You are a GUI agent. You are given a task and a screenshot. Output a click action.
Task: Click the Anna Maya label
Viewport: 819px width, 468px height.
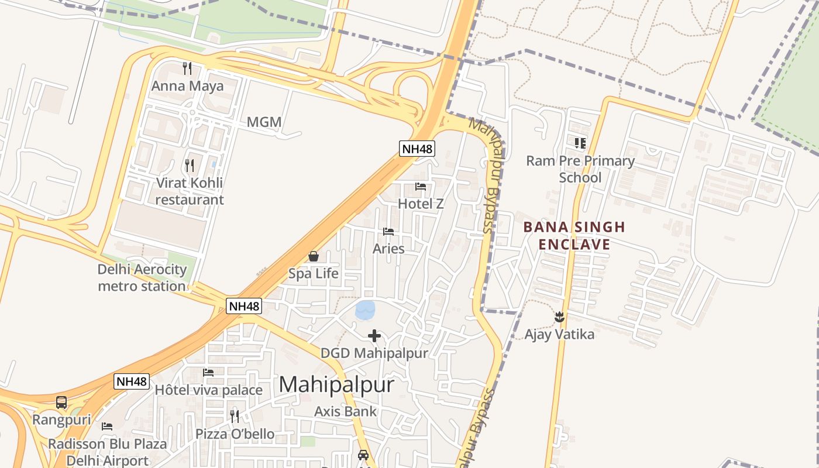pos(187,87)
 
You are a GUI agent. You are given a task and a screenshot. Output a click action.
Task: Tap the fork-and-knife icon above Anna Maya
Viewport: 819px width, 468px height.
pos(187,68)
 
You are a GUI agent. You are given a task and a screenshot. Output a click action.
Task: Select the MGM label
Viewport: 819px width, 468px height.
pos(264,122)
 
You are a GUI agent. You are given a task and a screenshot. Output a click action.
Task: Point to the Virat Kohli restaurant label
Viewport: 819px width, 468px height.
pos(189,191)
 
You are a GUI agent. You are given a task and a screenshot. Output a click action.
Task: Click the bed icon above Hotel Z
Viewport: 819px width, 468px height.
pos(421,187)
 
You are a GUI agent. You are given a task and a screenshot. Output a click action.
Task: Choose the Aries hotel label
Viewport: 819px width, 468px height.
pos(388,249)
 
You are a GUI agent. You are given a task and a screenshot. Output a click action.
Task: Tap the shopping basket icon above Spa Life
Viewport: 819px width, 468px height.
pos(314,256)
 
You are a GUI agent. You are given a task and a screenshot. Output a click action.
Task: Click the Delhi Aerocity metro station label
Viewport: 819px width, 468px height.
pos(142,278)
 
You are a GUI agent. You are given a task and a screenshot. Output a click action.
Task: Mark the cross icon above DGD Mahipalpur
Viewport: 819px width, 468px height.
pos(374,336)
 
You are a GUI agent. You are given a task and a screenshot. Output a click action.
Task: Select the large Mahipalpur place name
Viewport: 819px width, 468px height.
pos(336,384)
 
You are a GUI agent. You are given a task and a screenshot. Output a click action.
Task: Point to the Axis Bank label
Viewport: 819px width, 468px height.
pos(346,411)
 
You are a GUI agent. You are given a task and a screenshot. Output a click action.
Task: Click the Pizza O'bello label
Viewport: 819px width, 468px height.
pos(235,433)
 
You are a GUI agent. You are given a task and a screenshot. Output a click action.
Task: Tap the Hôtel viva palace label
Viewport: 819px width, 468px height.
pos(208,390)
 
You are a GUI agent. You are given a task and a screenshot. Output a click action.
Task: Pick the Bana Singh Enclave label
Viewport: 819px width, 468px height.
pos(574,235)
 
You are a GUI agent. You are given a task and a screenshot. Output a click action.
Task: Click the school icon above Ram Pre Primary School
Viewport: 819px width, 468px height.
pos(580,143)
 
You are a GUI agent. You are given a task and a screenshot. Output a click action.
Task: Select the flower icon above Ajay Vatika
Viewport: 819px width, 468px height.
pos(559,317)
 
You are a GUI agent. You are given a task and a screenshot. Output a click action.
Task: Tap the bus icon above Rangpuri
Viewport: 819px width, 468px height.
pos(61,402)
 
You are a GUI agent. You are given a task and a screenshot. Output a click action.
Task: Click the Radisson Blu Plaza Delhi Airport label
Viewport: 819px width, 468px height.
pos(107,452)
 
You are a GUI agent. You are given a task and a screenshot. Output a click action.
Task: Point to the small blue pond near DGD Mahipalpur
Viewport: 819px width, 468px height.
pos(366,309)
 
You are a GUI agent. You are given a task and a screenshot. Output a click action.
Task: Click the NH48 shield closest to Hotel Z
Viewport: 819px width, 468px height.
pos(417,149)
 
